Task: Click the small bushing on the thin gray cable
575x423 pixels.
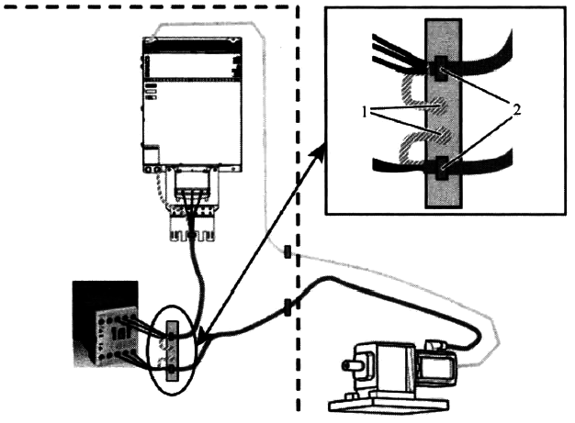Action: coord(287,251)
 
